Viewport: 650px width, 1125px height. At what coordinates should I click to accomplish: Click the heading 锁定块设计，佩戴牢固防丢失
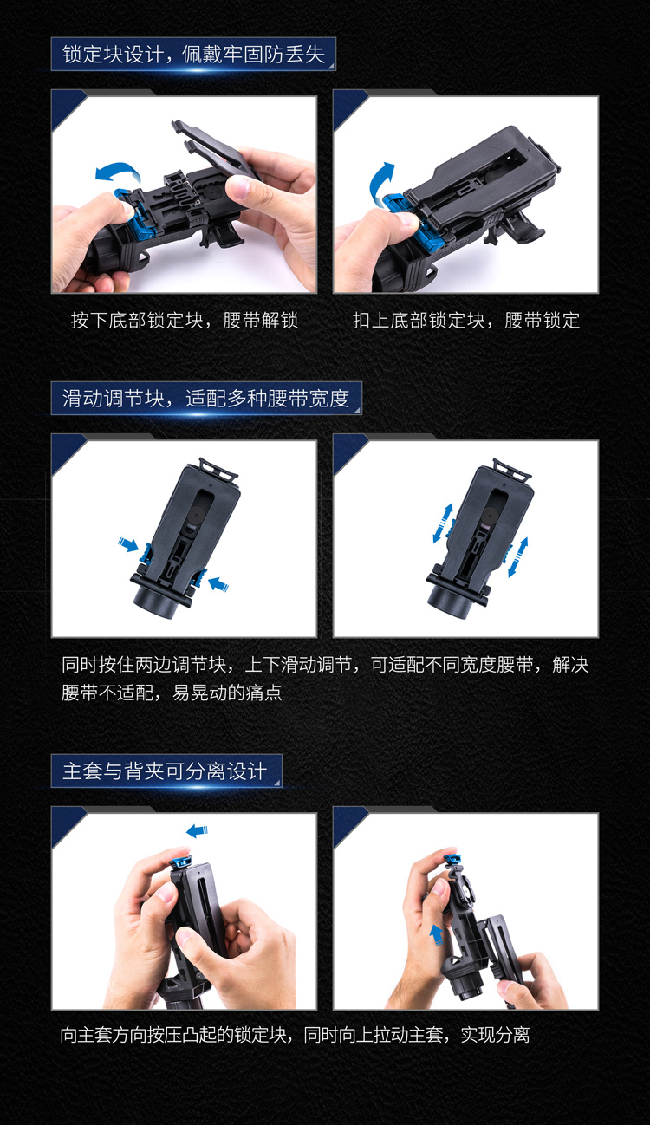pyautogui.click(x=193, y=55)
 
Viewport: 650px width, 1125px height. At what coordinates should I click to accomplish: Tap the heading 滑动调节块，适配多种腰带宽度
pyautogui.click(x=206, y=399)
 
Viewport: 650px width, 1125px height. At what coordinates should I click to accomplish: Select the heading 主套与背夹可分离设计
pyautogui.click(x=165, y=771)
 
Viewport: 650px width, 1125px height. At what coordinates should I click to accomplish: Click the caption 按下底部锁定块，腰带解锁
pyautogui.click(x=185, y=321)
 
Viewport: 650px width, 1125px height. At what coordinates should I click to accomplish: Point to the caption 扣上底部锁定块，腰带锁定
pyautogui.click(x=466, y=321)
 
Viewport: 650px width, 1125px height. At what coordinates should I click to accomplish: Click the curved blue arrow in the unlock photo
pyautogui.click(x=119, y=170)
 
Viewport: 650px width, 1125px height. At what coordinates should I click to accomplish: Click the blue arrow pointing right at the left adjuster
pyautogui.click(x=128, y=544)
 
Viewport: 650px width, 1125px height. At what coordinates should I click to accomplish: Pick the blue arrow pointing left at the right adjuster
pyautogui.click(x=218, y=584)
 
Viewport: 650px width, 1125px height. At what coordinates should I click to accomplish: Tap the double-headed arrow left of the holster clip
pyautogui.click(x=443, y=523)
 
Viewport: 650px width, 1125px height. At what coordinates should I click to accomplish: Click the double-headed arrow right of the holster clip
pyautogui.click(x=518, y=557)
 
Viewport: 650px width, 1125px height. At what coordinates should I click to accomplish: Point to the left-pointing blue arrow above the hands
pyautogui.click(x=197, y=831)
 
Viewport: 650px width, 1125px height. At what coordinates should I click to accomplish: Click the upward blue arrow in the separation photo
pyautogui.click(x=436, y=934)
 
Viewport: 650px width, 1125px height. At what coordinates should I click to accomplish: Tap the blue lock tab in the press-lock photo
pyautogui.click(x=179, y=863)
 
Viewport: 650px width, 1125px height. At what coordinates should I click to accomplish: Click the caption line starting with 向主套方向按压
pyautogui.click(x=296, y=1035)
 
